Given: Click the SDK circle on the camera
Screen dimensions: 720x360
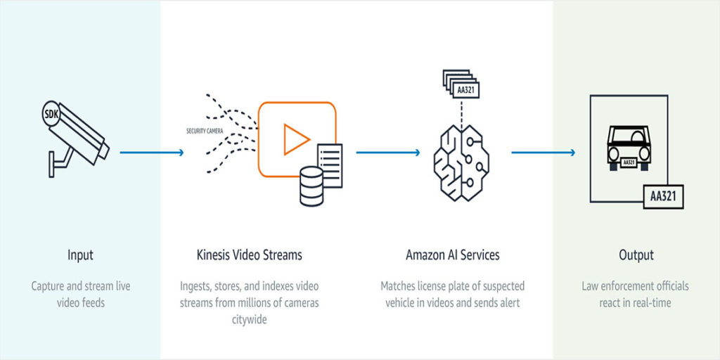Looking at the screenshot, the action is point(51,114).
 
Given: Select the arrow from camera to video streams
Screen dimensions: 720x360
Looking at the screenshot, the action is point(152,153).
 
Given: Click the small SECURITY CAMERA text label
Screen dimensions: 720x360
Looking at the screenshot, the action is point(205,131).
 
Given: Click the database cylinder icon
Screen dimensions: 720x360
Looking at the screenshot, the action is point(311,186).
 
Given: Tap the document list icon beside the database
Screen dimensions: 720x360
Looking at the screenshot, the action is point(330,165).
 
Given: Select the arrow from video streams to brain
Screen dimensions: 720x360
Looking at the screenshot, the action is point(388,153).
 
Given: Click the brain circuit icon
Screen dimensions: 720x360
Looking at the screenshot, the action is point(461,163).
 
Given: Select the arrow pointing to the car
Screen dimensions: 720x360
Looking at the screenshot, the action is point(544,153).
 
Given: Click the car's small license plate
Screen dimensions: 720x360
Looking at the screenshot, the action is point(629,162).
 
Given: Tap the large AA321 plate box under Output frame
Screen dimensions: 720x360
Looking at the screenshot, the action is point(663,197).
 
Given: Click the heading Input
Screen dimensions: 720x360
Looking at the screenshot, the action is point(80,255).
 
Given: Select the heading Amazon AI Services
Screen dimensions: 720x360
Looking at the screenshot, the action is point(453,255).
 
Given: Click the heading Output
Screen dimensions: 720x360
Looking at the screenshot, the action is point(636,255).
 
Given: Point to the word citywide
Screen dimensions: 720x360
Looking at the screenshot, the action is point(249,320).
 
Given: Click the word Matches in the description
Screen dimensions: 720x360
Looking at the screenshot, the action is point(397,286).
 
